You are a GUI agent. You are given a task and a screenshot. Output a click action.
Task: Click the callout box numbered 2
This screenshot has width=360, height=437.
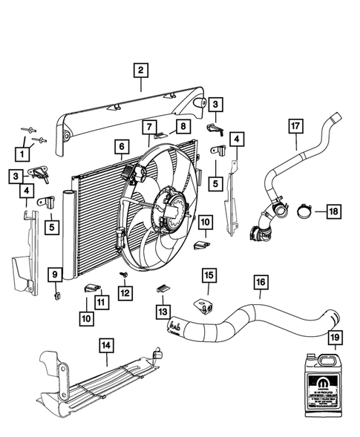pyautogui.click(x=140, y=71)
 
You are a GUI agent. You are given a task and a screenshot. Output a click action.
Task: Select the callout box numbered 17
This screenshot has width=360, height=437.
pyautogui.click(x=295, y=128)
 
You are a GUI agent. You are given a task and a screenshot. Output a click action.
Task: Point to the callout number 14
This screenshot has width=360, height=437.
pyautogui.click(x=108, y=344)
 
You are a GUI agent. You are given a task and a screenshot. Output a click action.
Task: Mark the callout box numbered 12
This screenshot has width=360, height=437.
pyautogui.click(x=124, y=293)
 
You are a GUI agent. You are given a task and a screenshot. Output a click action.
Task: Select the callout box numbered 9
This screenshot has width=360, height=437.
pyautogui.click(x=54, y=276)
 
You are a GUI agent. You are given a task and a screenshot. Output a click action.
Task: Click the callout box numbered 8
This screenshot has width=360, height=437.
pyautogui.click(x=182, y=128)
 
